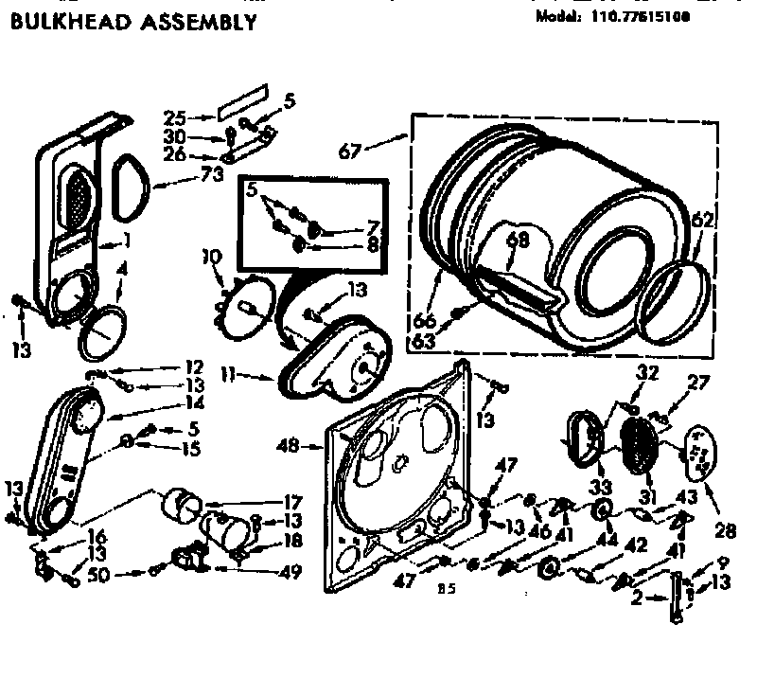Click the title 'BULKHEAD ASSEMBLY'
point(132,22)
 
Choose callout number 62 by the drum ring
point(701,222)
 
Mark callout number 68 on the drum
point(516,240)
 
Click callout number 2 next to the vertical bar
point(639,598)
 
